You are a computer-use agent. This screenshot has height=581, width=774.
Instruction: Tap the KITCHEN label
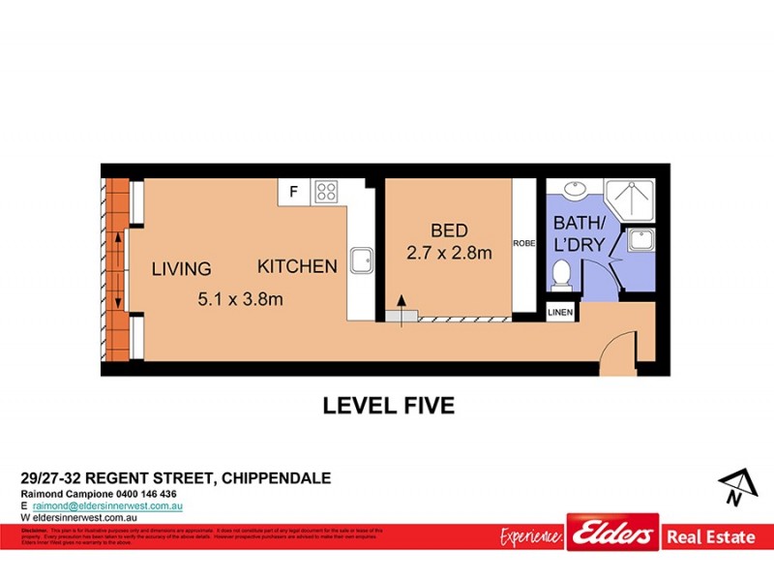[297, 266]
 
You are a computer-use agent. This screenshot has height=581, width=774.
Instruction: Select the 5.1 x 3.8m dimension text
[240, 299]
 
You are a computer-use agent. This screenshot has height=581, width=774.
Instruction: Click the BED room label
[449, 230]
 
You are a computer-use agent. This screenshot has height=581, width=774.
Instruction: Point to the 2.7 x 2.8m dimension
[449, 254]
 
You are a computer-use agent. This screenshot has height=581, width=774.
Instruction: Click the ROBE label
[524, 243]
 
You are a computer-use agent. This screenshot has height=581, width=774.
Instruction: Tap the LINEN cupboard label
[561, 312]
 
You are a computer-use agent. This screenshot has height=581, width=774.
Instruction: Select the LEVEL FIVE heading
[388, 406]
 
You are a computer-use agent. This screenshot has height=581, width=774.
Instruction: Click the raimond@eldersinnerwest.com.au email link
[107, 505]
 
